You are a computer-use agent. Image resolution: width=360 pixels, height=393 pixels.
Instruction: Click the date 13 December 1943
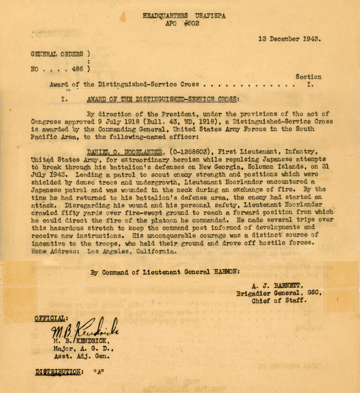(289, 39)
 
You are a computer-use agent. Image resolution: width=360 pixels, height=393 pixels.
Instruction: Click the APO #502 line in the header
(182, 24)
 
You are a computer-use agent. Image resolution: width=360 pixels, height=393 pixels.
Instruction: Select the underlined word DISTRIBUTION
(58, 372)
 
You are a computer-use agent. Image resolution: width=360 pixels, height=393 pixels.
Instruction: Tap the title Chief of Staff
(279, 301)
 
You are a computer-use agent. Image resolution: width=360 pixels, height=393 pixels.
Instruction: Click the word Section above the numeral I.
(309, 77)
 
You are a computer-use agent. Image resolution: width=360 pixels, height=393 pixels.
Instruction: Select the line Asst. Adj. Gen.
(81, 356)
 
